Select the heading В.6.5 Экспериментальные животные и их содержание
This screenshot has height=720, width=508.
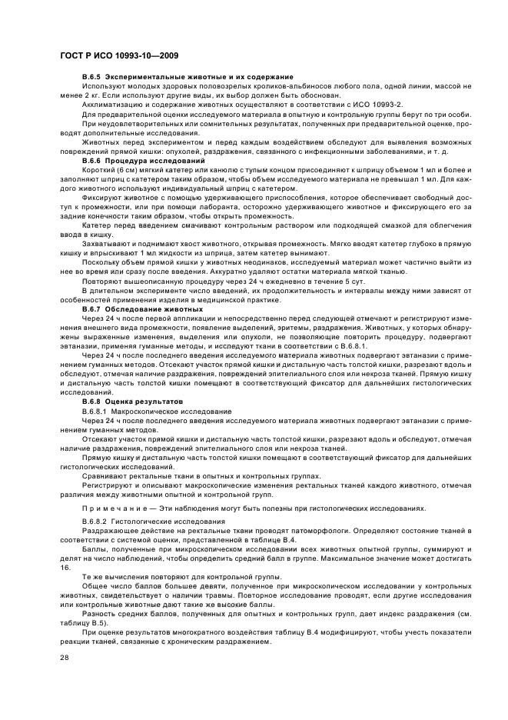point(188,78)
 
